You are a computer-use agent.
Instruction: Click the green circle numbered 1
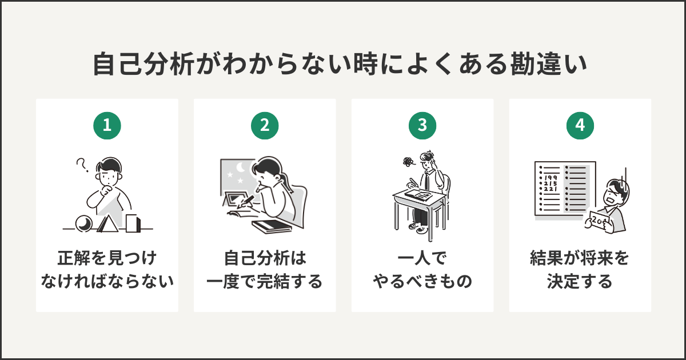coord(107,126)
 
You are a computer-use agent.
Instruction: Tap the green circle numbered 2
coord(265,126)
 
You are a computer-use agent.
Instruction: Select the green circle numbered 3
coord(422,126)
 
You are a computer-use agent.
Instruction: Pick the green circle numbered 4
coord(580,126)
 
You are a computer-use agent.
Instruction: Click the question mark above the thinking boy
coord(82,166)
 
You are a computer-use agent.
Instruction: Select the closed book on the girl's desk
coord(270,226)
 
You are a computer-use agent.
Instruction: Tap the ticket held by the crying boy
coord(600,220)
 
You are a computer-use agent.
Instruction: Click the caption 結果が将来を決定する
coord(580,270)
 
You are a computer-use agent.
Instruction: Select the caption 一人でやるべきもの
coord(422,270)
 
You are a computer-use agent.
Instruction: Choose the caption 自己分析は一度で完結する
coord(265,270)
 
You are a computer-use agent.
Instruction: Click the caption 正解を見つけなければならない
coord(107,270)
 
